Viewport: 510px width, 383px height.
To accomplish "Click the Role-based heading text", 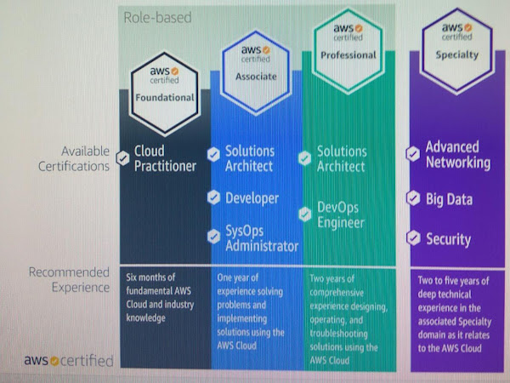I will [x=158, y=16].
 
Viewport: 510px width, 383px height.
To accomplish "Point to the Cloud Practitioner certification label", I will [x=166, y=158].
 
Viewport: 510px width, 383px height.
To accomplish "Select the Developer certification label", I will [x=252, y=198].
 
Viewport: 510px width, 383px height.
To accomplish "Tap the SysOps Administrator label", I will [x=261, y=238].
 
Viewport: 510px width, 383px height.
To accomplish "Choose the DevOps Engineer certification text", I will [x=342, y=214].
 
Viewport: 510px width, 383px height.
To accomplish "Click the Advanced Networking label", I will [x=457, y=155].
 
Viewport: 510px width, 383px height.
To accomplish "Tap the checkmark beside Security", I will [x=413, y=238].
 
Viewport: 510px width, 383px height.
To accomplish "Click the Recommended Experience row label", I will [x=69, y=280].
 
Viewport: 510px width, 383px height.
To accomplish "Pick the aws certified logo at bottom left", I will [x=69, y=360].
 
